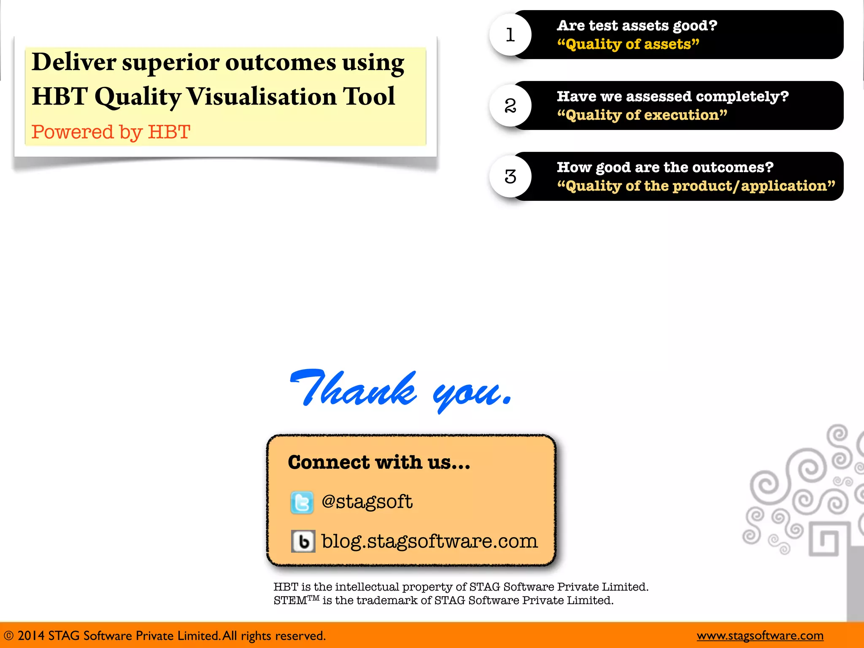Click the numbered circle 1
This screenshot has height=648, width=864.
tap(510, 35)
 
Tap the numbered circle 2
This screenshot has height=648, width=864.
tap(510, 105)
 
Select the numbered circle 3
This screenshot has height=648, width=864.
tap(510, 176)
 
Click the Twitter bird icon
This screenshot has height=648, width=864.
tap(302, 502)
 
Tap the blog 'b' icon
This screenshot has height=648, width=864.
tap(303, 541)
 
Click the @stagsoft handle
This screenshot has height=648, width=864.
tap(367, 502)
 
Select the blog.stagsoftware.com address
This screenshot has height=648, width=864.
tap(429, 541)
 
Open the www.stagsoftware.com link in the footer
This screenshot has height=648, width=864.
tap(760, 635)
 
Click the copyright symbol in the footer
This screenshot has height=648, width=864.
tap(8, 636)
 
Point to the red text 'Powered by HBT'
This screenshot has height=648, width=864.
tap(111, 132)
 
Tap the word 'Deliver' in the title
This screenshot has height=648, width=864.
tap(73, 62)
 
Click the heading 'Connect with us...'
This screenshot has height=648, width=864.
tap(379, 462)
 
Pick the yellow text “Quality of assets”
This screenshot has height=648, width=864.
tap(628, 44)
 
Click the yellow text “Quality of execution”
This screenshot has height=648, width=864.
tap(642, 115)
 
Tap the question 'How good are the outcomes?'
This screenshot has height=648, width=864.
tap(665, 167)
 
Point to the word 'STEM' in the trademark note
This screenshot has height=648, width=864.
tap(290, 600)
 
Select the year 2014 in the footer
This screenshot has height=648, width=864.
tap(30, 636)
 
